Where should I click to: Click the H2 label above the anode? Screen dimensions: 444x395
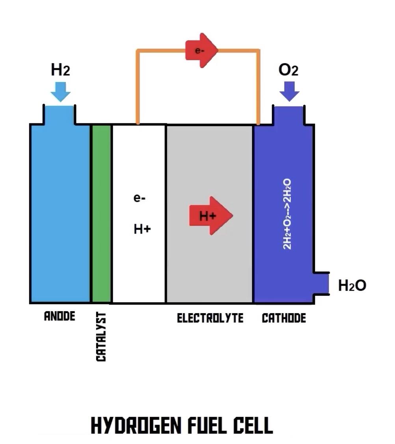60,70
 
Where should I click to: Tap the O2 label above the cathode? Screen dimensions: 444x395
288,70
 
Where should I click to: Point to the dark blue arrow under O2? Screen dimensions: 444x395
289,91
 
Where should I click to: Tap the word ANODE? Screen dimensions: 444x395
60,316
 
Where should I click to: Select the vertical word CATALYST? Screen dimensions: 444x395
101,337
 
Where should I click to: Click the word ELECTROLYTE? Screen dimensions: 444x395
210,318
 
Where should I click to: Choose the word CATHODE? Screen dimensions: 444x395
284,318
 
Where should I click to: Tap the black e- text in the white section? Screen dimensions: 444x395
140,198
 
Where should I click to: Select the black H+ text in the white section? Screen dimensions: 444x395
142,229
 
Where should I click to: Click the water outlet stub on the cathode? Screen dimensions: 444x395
321,283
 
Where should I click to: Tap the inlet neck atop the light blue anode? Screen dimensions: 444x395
59,115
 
